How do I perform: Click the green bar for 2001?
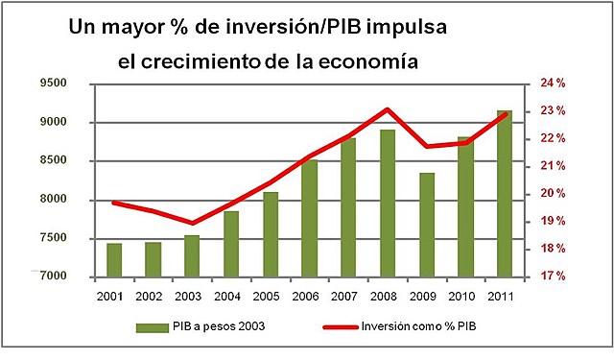tap(114, 259)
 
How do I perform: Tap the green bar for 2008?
tap(388, 203)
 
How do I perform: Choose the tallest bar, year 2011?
tap(505, 193)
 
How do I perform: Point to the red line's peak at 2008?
tap(387, 109)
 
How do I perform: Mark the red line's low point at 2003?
tap(192, 223)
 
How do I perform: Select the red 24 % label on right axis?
tap(552, 84)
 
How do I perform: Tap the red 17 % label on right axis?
tap(552, 276)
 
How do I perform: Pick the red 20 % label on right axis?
tap(552, 194)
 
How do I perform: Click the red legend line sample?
tap(333, 326)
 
